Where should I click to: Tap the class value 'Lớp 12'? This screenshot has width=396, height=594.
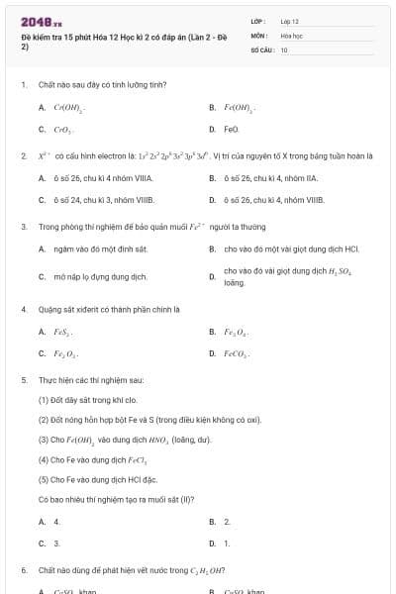click(x=289, y=21)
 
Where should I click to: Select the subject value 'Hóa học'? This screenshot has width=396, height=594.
click(x=290, y=35)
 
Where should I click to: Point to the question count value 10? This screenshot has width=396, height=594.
click(x=284, y=49)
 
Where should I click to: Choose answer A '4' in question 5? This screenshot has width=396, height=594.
click(x=57, y=521)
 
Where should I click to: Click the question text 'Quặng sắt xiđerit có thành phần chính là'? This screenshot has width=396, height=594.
click(x=109, y=309)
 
